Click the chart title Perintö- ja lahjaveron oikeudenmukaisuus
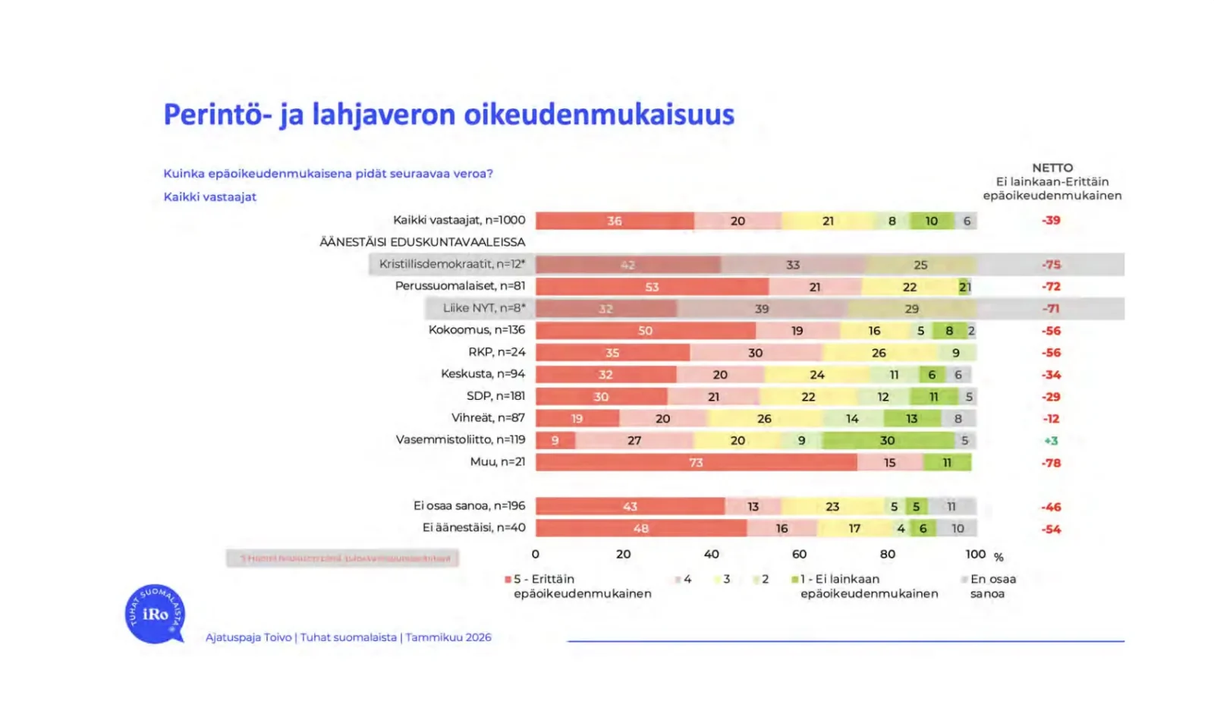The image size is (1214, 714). [448, 115]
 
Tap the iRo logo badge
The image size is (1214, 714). [155, 614]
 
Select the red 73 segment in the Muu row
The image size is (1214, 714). [696, 462]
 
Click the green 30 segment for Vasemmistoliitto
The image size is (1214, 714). [887, 440]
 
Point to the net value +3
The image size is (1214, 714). [1051, 441]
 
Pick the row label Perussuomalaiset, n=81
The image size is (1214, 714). [460, 286]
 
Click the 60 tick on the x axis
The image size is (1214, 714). [799, 555]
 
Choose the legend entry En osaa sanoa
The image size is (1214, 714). [992, 586]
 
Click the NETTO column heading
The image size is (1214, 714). [1052, 168]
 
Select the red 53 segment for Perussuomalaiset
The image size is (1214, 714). [652, 287]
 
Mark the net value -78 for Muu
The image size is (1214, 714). [1051, 463]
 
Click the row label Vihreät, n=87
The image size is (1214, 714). [488, 418]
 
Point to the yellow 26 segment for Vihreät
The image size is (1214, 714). [764, 418]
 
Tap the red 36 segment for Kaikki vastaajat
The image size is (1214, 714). [614, 221]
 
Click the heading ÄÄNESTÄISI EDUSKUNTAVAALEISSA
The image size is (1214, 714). [422, 242]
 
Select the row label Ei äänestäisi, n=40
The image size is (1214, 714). [473, 527]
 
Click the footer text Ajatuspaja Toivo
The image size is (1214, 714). [248, 637]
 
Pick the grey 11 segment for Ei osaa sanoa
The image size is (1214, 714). [951, 506]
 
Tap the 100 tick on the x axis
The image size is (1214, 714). [976, 555]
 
